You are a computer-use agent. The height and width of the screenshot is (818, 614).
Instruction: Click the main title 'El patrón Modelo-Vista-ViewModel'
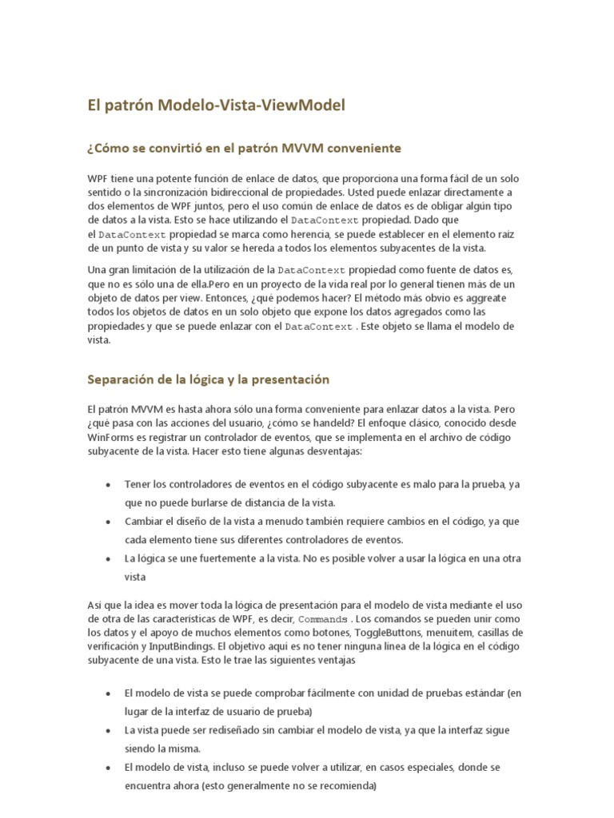pos(216,105)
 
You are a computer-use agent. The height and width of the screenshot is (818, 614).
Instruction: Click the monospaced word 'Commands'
pos(324,620)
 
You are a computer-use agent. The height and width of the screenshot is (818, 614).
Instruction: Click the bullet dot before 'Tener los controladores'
pos(108,485)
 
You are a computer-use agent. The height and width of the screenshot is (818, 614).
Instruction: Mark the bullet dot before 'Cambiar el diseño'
pos(108,522)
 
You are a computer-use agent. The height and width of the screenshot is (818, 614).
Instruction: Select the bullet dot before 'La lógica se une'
pos(108,558)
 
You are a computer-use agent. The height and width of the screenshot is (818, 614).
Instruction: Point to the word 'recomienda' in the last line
pos(346,785)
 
